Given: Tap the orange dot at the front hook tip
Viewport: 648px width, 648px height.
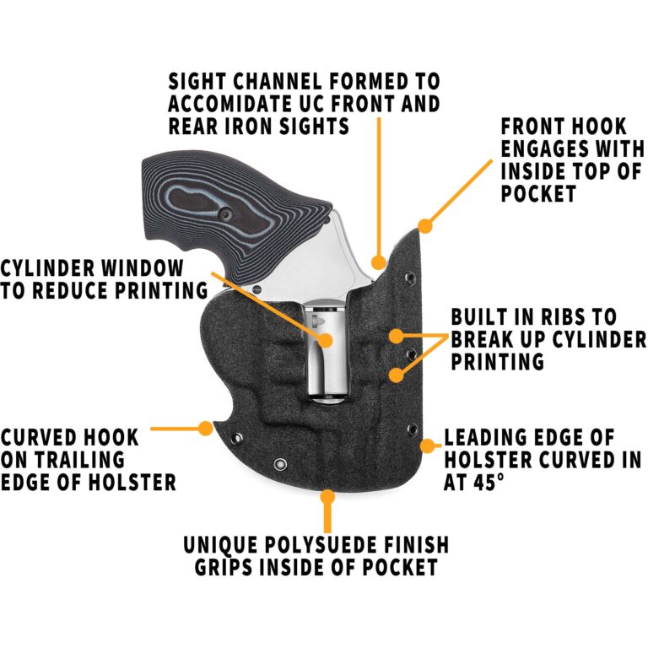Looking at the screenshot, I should (x=425, y=225).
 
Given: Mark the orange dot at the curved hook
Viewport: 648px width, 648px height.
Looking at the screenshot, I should (x=205, y=428).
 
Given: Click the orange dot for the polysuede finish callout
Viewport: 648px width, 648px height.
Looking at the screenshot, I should (x=327, y=498).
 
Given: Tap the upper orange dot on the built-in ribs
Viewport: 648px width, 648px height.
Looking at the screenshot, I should (x=394, y=336).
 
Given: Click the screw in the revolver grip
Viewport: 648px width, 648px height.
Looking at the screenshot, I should (x=229, y=217).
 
